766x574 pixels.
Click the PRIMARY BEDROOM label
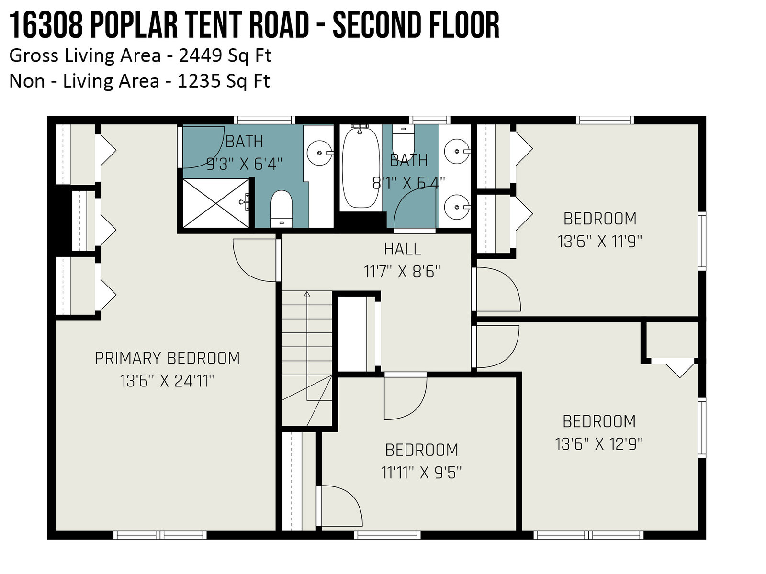point(167,358)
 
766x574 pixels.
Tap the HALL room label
point(402,249)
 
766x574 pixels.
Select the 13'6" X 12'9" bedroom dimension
point(598,444)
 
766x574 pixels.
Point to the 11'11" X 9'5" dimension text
point(421,473)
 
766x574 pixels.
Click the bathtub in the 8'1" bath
point(361,167)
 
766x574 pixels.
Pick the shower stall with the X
point(216,204)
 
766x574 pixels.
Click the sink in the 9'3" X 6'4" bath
point(320,153)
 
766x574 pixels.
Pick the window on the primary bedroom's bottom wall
point(160,535)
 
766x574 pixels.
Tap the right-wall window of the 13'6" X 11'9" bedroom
point(702,241)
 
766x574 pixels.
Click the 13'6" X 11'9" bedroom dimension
point(599,241)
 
